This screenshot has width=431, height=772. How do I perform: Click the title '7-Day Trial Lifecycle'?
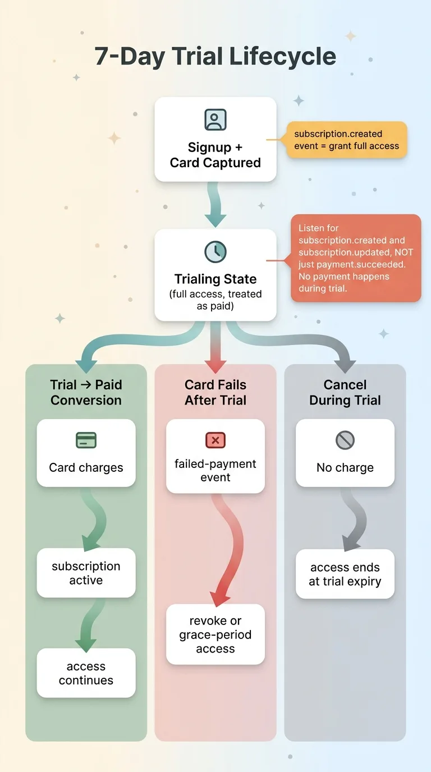pos(215,57)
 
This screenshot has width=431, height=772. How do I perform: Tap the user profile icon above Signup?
pos(215,120)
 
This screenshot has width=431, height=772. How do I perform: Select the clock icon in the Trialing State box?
pos(215,251)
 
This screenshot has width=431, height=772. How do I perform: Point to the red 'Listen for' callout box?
pos(356,258)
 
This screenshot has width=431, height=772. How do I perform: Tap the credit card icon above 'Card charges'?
pos(86,440)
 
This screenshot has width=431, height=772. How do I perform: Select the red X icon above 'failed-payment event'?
pos(215,440)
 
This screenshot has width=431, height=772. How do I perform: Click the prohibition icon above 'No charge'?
pos(345,440)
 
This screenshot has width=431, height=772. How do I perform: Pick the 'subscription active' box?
pos(86,573)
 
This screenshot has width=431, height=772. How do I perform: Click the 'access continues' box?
pos(86,673)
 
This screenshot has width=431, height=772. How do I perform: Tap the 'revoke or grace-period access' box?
pos(215,635)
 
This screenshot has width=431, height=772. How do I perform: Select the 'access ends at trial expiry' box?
pos(345,574)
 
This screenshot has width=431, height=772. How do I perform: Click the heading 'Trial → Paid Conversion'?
pos(86,393)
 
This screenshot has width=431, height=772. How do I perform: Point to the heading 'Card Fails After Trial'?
pos(215,393)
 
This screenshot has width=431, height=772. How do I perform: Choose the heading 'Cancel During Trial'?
pos(345,393)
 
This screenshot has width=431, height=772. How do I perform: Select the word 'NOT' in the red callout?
pos(404,252)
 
